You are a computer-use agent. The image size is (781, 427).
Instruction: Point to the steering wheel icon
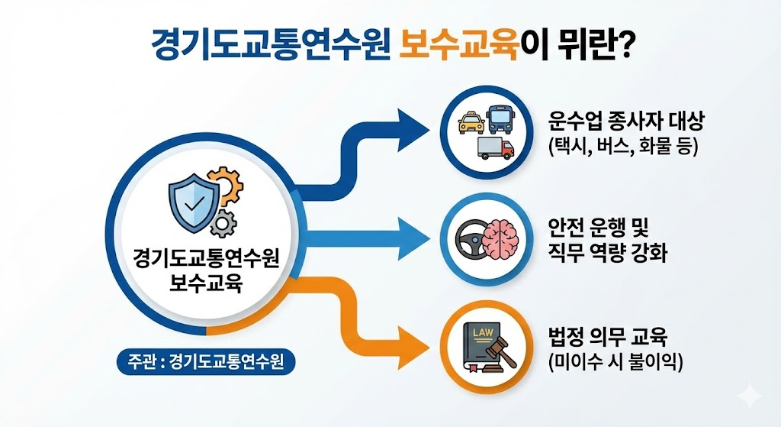pyautogui.click(x=468, y=238)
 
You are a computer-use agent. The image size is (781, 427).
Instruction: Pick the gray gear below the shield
pyautogui.click(x=223, y=222)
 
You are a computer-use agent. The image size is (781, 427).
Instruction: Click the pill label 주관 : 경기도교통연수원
pyautogui.click(x=206, y=361)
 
